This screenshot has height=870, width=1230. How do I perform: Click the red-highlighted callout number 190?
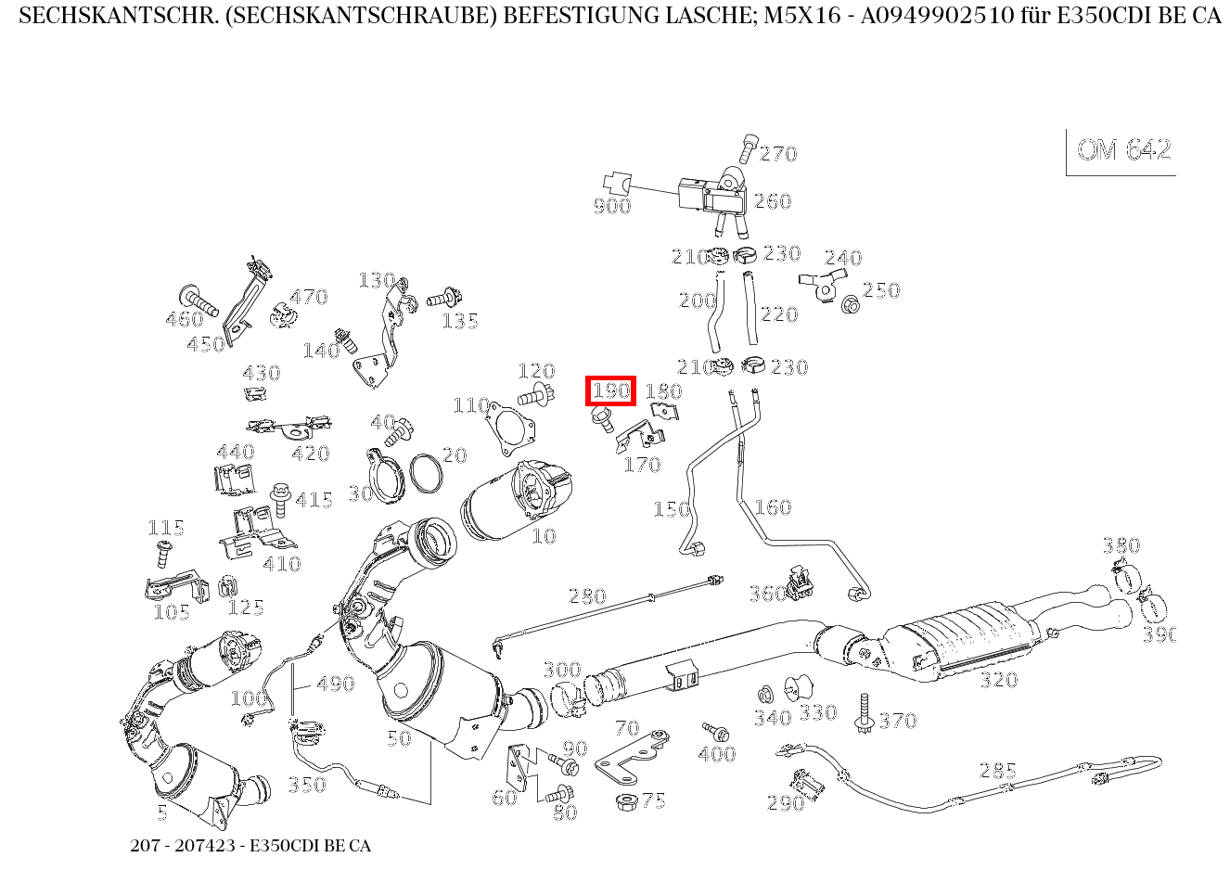[610, 390]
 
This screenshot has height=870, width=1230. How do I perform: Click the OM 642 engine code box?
[1123, 150]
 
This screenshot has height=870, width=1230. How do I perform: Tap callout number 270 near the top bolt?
[778, 154]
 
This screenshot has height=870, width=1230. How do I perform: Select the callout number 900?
[611, 206]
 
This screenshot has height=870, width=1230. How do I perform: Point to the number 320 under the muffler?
[998, 680]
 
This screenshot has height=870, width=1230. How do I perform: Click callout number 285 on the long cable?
[997, 771]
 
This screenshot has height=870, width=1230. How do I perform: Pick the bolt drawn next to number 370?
[865, 713]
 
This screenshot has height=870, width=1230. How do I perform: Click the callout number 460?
[184, 320]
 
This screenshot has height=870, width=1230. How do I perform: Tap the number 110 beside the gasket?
[471, 405]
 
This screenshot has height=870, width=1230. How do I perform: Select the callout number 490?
[335, 684]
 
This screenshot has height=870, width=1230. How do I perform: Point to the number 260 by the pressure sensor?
[772, 201]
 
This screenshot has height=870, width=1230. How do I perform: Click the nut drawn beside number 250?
[849, 303]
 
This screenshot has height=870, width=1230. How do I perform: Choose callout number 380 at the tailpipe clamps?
[1121, 545]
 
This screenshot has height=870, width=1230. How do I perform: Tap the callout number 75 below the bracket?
[653, 801]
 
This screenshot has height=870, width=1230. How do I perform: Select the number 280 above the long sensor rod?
[586, 596]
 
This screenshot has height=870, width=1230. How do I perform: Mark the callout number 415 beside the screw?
[314, 501]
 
